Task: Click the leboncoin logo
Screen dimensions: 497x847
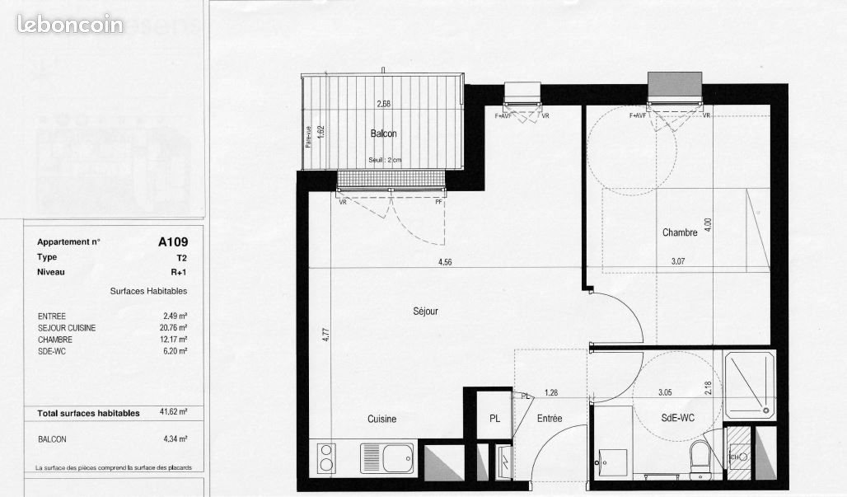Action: click(x=69, y=24)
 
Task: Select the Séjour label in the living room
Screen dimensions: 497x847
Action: click(x=425, y=312)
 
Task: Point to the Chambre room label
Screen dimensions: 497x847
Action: click(x=680, y=232)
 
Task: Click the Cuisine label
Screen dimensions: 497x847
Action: click(x=381, y=419)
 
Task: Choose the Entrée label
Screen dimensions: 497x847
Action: click(x=550, y=419)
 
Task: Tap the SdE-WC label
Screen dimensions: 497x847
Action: click(x=677, y=419)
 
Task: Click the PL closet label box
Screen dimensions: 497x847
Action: click(x=494, y=419)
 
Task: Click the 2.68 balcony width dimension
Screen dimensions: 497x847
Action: click(x=383, y=104)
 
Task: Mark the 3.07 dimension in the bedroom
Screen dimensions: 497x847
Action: click(x=678, y=263)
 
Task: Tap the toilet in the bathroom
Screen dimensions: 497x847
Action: click(x=699, y=458)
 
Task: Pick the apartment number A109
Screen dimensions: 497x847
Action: click(x=173, y=242)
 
